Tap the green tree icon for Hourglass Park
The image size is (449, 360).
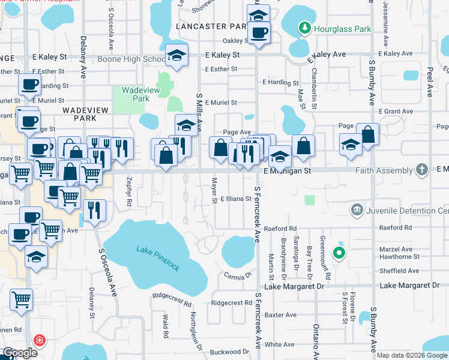306,28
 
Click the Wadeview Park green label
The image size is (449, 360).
135,94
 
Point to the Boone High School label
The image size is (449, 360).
139,59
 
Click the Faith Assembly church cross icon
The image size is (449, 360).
422,170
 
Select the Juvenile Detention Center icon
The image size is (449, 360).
357,209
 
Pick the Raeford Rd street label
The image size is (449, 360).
280,229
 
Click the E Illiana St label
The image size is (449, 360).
236,199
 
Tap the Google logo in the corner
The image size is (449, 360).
20,353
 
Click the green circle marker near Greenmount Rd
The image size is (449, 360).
339,253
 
